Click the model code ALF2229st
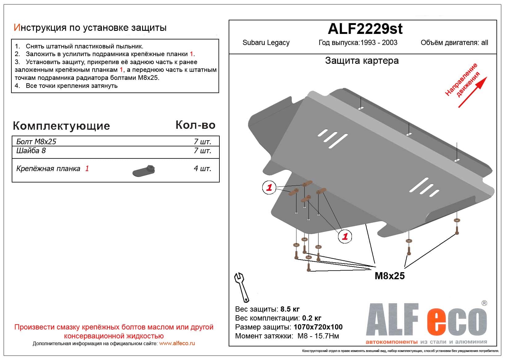point(365,29)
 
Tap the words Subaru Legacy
point(266,43)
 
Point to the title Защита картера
point(362,61)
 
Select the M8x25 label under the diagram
point(390,276)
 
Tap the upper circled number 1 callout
point(269,187)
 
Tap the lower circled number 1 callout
point(345,236)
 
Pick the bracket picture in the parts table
point(144,170)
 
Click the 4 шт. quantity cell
point(202,169)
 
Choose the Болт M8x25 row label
point(36,141)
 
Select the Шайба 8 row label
point(31,151)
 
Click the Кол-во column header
point(195,125)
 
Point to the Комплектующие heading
point(61,126)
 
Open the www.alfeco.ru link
point(177,343)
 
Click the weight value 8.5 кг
point(290,309)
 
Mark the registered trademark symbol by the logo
point(484,303)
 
